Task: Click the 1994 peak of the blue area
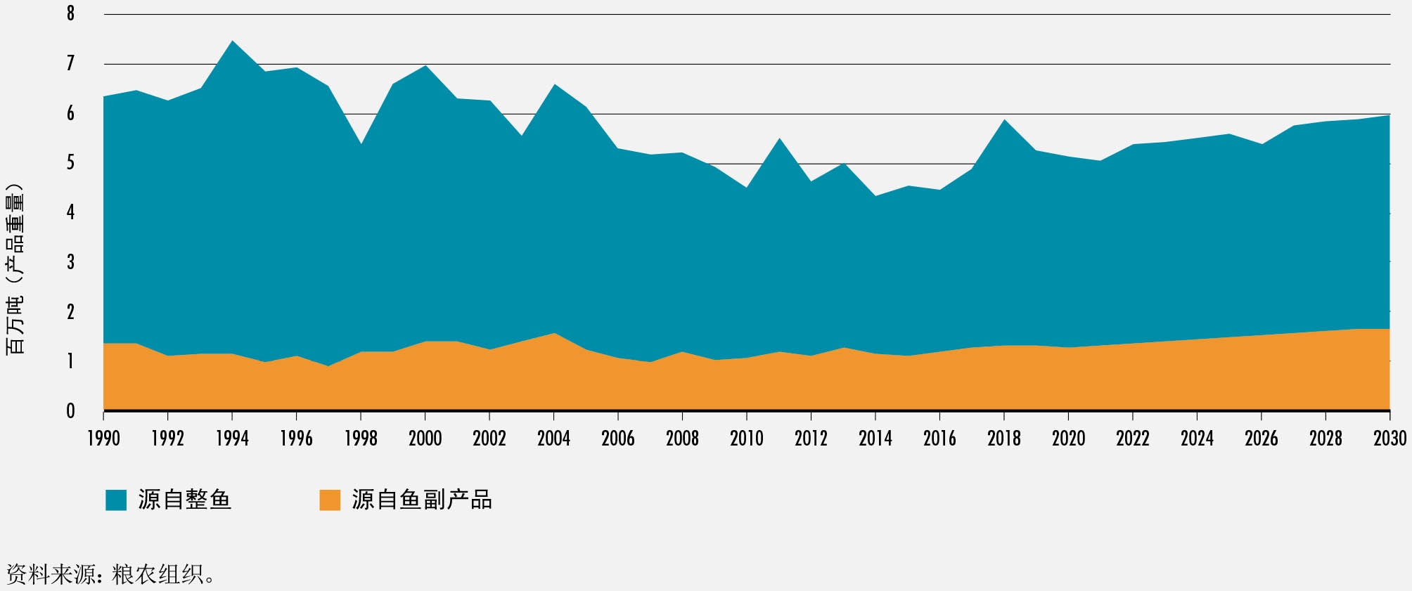click(232, 41)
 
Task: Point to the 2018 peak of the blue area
click(1004, 120)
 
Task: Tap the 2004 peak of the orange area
click(554, 334)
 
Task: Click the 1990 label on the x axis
click(103, 439)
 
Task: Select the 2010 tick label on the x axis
click(747, 439)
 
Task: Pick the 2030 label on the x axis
click(1389, 439)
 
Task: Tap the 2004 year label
click(554, 439)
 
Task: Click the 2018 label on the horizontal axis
click(1004, 439)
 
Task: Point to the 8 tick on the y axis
click(70, 13)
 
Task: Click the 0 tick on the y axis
click(70, 411)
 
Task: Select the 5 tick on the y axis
click(70, 163)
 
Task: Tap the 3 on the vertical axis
click(70, 262)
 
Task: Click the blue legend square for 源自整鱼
click(116, 500)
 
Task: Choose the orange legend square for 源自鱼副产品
click(330, 500)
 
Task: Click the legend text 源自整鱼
click(184, 500)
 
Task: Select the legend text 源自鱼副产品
click(422, 500)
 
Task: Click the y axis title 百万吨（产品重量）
click(15, 268)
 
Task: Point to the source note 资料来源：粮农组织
click(110, 574)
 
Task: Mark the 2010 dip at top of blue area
click(747, 188)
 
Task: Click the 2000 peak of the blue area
click(425, 66)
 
